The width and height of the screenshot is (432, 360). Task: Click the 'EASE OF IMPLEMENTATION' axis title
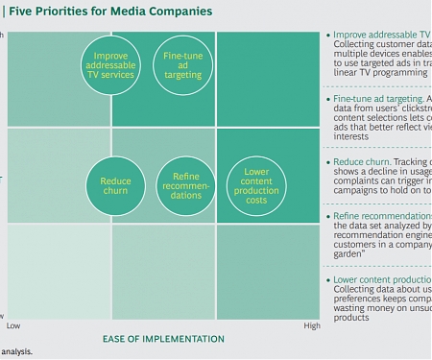pyautogui.click(x=163, y=339)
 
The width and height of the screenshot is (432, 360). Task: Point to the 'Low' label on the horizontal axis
pyautogui.click(x=13, y=325)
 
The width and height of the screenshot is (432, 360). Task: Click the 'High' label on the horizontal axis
pyautogui.click(x=312, y=325)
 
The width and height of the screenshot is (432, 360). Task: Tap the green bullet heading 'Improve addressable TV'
pyautogui.click(x=382, y=34)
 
